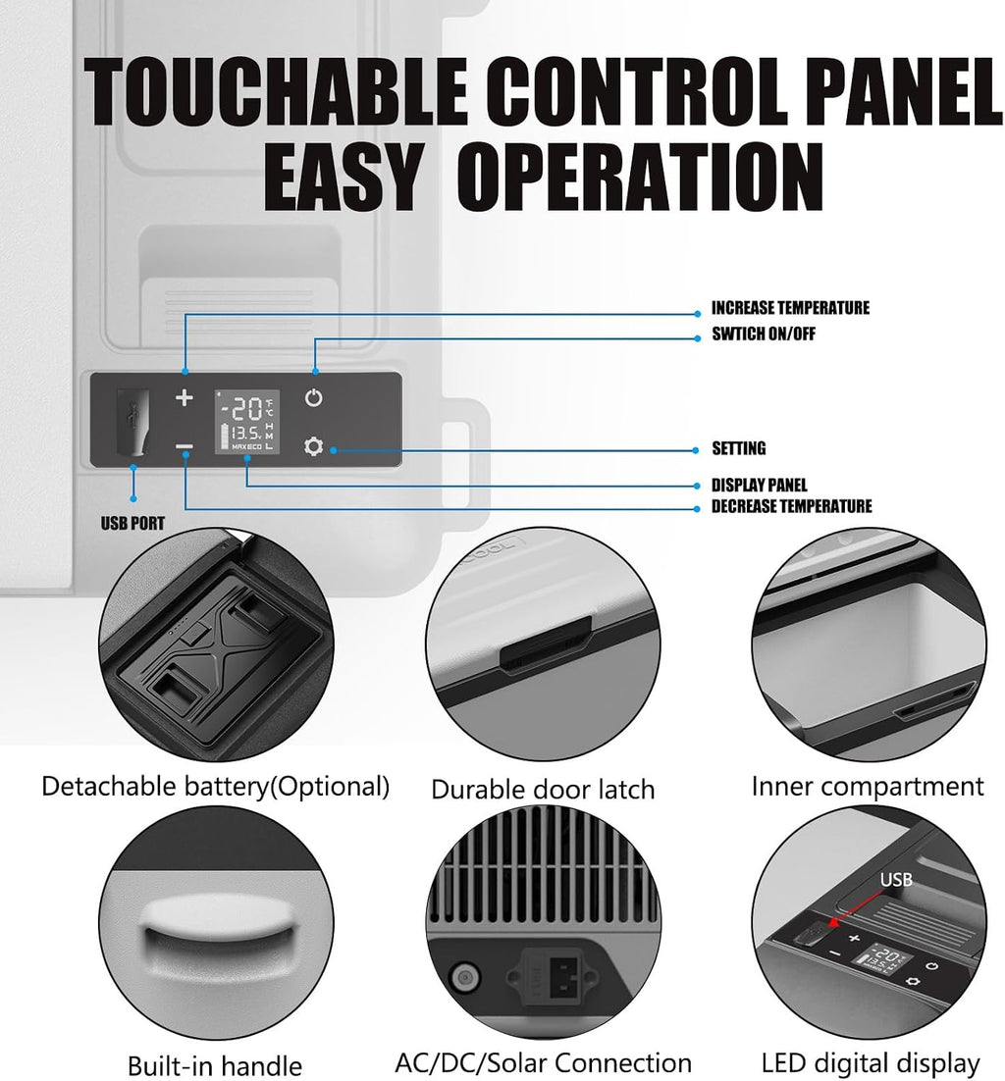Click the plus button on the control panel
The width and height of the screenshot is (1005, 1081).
(x=185, y=398)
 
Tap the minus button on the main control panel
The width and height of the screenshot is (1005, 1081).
(x=185, y=446)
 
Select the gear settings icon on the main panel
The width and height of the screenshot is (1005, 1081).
(x=313, y=446)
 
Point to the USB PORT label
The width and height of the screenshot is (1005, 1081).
(x=132, y=523)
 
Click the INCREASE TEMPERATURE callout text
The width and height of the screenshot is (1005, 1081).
(x=790, y=307)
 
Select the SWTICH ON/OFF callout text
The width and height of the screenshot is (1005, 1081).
(x=764, y=334)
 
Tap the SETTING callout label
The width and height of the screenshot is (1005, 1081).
(x=739, y=448)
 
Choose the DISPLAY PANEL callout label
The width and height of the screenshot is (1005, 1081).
(x=759, y=485)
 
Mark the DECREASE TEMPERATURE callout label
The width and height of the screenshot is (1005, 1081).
(x=791, y=506)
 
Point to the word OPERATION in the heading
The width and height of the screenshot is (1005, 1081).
(x=640, y=177)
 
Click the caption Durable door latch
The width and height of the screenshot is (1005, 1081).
(x=543, y=790)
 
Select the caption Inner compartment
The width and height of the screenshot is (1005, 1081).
(x=868, y=787)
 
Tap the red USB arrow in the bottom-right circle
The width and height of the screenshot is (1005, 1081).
(x=855, y=908)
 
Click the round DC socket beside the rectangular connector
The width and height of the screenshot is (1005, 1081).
(x=464, y=977)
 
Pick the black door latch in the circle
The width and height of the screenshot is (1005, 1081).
(x=545, y=645)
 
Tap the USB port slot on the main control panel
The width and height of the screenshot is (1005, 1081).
(x=133, y=422)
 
